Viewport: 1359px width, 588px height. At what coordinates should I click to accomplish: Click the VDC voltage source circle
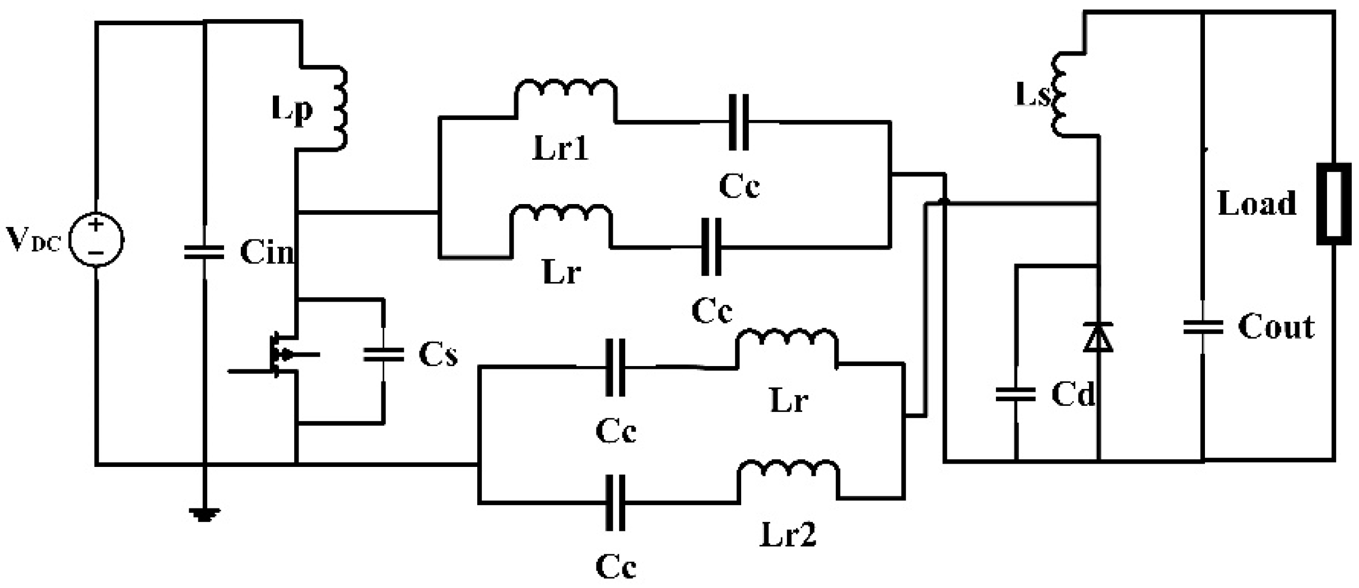tap(96, 239)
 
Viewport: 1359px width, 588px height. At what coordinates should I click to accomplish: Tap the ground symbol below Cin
tap(204, 514)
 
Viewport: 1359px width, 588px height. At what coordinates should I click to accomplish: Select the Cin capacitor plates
tap(204, 253)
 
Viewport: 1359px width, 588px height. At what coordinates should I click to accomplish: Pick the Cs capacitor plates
tap(383, 355)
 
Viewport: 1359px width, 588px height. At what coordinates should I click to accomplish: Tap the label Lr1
tap(560, 149)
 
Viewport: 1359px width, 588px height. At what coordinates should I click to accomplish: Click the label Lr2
tap(788, 534)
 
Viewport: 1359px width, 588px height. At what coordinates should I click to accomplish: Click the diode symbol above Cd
tap(1098, 337)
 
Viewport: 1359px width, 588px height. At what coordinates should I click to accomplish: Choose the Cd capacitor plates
tap(1016, 395)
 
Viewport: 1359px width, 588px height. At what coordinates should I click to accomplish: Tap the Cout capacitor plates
tap(1203, 327)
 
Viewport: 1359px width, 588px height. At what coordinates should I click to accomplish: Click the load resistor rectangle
tap(1334, 204)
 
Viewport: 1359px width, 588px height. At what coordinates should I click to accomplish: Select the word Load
tap(1257, 203)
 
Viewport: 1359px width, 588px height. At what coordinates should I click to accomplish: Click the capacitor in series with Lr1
tap(739, 123)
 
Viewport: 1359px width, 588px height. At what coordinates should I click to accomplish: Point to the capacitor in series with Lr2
tap(615, 503)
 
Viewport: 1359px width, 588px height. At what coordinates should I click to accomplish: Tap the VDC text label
tap(32, 240)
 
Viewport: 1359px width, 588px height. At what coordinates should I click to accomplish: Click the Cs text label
tap(438, 355)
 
